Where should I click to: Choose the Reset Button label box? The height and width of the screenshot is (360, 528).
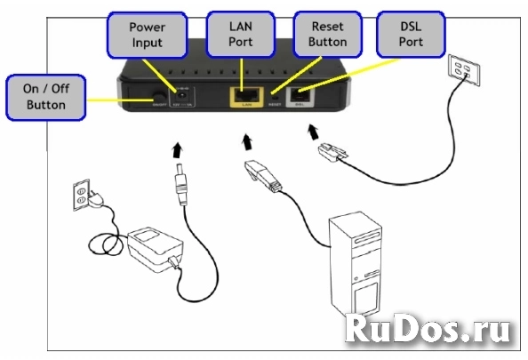coord(323,34)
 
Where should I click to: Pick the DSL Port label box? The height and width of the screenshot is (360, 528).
coord(410,34)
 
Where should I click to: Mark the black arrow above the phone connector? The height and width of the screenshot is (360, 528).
coord(314,132)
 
